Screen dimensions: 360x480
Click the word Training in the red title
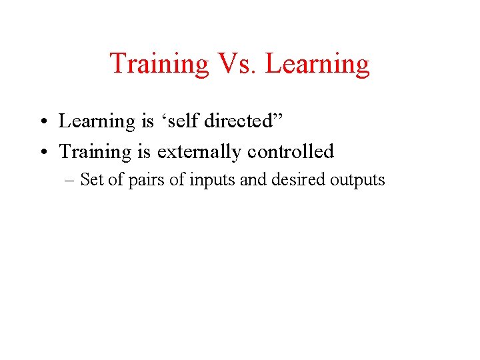tap(159, 64)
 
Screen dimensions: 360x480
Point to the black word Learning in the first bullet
tap(96, 122)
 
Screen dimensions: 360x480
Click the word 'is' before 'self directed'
tap(147, 121)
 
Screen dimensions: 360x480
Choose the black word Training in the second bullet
tap(95, 153)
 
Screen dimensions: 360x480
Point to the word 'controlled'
tap(291, 152)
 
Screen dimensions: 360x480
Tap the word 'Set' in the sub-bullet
tap(91, 180)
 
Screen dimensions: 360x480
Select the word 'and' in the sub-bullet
tap(251, 180)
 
